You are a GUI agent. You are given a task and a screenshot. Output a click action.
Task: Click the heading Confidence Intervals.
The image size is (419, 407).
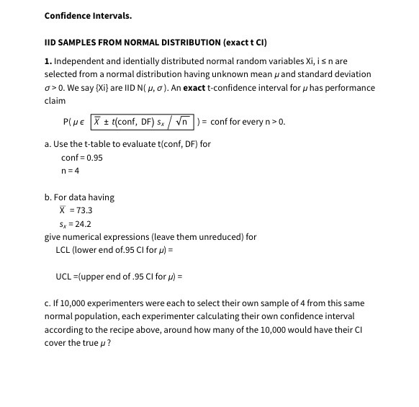[x=88, y=15]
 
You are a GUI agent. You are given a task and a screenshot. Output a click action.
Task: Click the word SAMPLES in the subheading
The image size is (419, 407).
[x=78, y=43]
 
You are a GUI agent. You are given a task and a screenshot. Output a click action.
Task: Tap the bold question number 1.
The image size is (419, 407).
[x=47, y=61]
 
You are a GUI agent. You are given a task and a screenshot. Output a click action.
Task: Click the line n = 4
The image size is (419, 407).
[x=71, y=170]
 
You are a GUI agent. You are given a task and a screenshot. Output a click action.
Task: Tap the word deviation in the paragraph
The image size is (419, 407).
[x=352, y=74]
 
